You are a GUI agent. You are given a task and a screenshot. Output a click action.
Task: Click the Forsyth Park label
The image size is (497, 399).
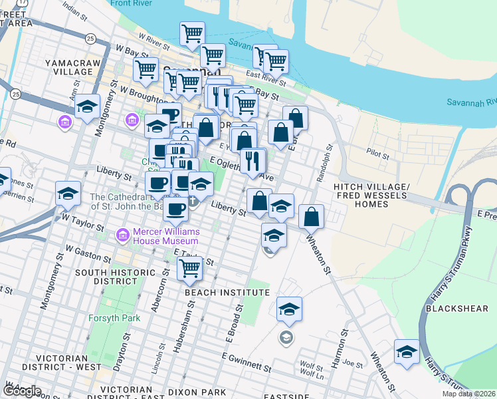(115, 318)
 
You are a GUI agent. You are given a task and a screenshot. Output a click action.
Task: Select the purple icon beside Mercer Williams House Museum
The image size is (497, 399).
(122, 235)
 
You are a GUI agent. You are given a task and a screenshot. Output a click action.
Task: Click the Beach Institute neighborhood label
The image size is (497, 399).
(227, 293)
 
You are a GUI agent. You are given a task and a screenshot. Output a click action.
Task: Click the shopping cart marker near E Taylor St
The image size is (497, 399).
(190, 269)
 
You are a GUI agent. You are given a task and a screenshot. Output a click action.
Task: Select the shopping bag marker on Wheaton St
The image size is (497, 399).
(311, 216)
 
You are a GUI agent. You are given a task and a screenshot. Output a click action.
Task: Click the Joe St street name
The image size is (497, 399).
(354, 364)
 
